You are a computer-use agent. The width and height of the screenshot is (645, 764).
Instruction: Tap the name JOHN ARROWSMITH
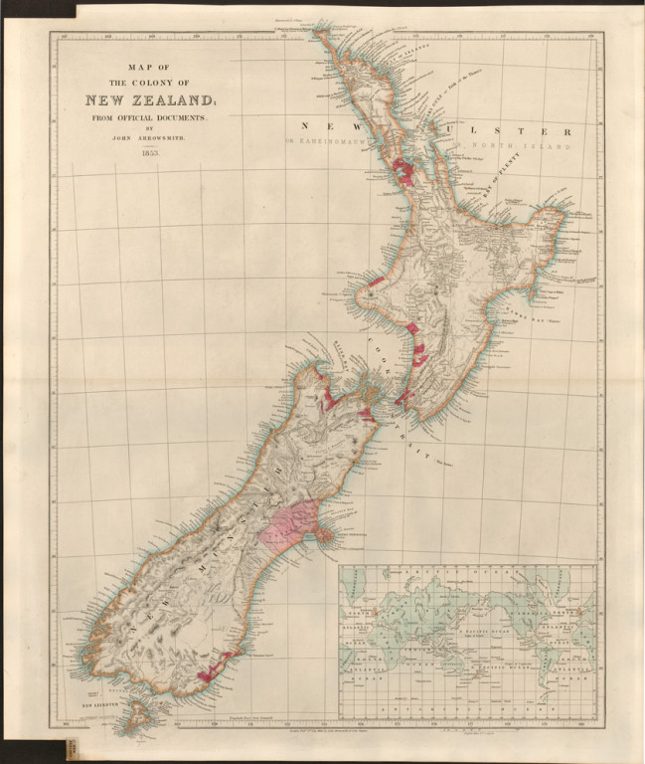click(149, 140)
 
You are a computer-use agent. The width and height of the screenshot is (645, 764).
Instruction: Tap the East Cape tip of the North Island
click(563, 213)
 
